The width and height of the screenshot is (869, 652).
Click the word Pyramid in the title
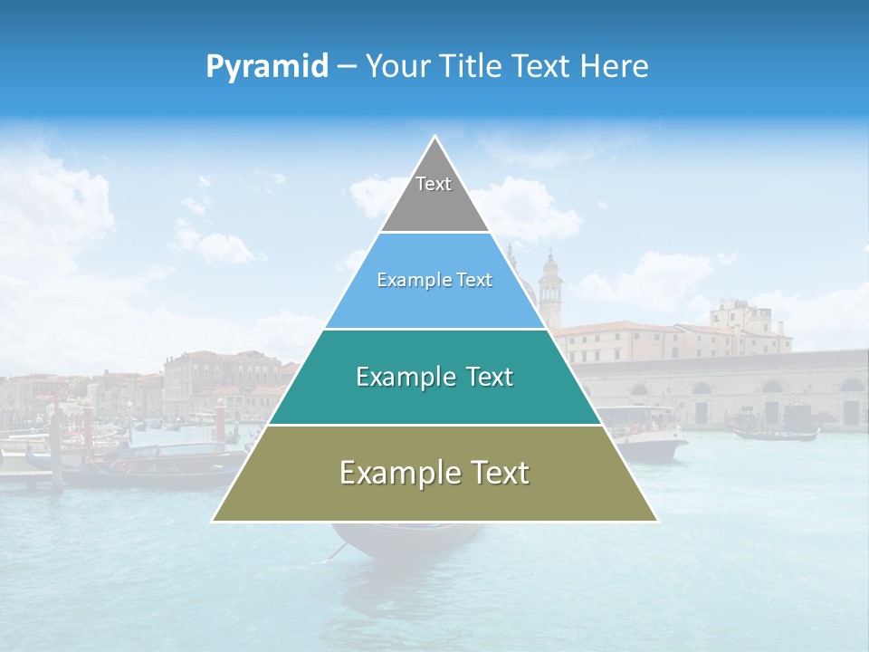[x=266, y=67]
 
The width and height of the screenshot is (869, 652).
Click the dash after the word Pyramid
[x=347, y=67]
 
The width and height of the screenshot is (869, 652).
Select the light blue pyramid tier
[x=434, y=299]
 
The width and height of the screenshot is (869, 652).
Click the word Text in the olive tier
[x=500, y=473]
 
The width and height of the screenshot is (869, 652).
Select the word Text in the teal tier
[x=490, y=377]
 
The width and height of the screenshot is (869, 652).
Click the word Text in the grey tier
[x=433, y=184]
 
